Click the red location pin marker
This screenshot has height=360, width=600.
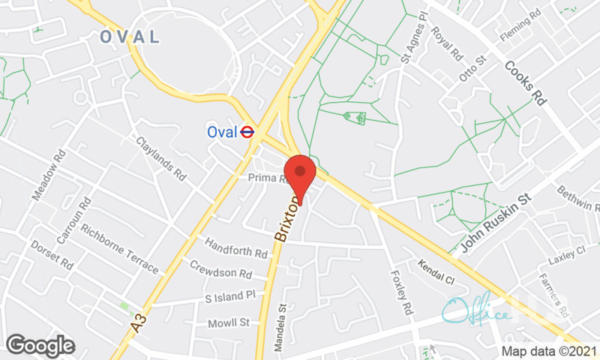coord(300,174)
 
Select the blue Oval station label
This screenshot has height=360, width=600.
coord(222,132)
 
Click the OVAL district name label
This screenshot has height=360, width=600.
coord(130,37)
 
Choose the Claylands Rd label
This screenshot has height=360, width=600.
coord(160,158)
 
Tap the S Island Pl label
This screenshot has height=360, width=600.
coord(231,297)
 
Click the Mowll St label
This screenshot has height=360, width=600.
coord(228,322)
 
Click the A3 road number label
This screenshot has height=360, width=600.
coord(137,323)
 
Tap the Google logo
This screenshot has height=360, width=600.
coord(40,345)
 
